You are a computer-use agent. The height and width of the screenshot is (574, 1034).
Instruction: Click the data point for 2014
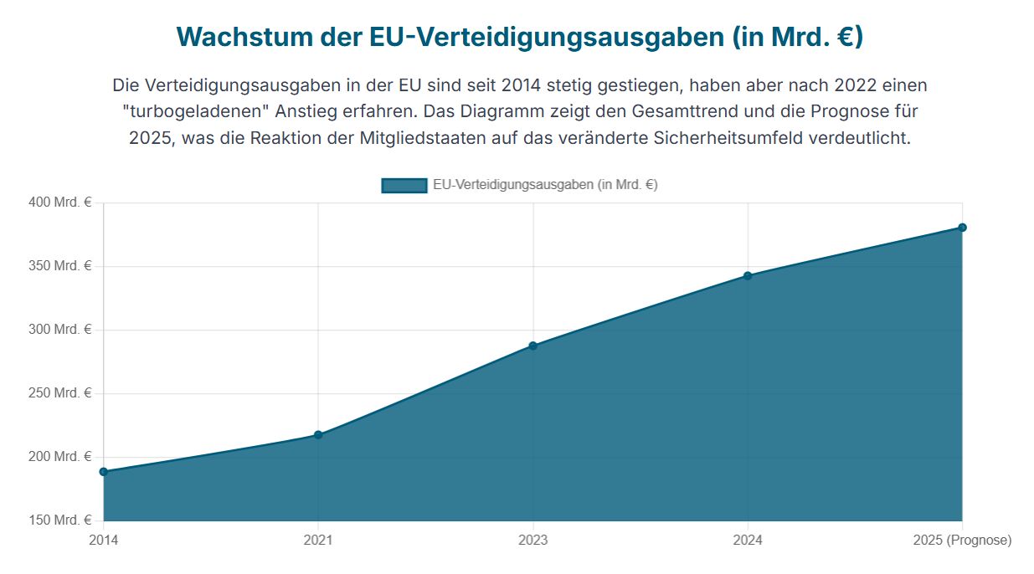click(x=104, y=472)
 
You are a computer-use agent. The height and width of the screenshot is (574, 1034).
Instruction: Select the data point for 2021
click(x=318, y=435)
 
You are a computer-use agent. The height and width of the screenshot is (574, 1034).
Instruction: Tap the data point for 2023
click(x=532, y=346)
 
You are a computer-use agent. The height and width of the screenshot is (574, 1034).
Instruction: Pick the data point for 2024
click(x=748, y=275)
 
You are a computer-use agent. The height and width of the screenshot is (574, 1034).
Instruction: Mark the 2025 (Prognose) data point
click(x=962, y=228)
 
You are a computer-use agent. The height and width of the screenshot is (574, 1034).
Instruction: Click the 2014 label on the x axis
click(x=104, y=541)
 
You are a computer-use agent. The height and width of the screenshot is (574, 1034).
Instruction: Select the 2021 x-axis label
click(x=318, y=541)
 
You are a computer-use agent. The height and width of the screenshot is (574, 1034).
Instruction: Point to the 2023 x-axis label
click(x=532, y=541)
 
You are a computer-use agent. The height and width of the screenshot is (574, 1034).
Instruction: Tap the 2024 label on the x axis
click(x=748, y=541)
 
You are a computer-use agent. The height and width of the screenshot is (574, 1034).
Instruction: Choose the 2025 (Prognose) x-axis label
click(x=962, y=541)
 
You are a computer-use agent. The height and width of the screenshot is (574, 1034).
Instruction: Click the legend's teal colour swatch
click(x=404, y=186)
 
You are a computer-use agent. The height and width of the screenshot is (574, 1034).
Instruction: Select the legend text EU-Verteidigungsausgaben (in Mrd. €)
click(x=545, y=186)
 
